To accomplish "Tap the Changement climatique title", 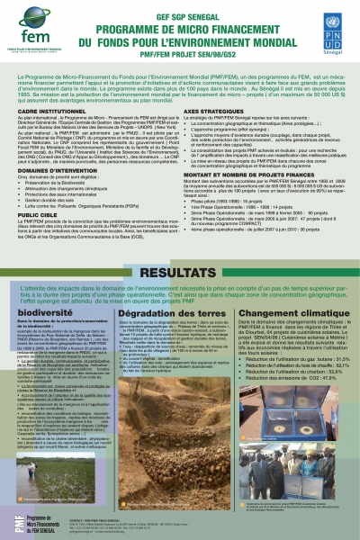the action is [x=292, y=310].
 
